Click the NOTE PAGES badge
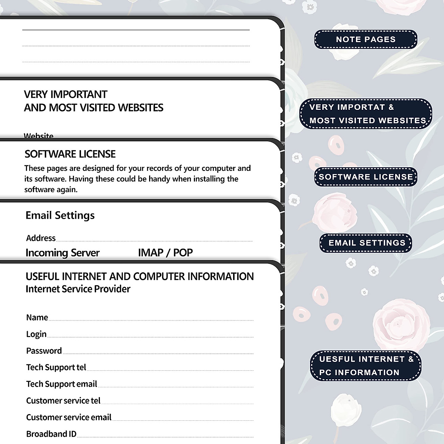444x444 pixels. pos(366,40)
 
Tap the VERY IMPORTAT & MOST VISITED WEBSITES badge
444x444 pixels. pos(366,114)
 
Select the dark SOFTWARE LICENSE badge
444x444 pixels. pos(366,177)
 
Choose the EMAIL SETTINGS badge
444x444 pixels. pos(366,243)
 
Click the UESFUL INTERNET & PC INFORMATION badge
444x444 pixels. pos(366,366)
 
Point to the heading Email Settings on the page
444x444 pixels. pos(60,215)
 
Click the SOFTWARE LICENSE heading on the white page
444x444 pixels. pos(70,154)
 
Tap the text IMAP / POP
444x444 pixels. pos(165,253)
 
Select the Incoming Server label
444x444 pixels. pos(63,253)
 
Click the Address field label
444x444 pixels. pos(41,238)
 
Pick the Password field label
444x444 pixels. pos(44,351)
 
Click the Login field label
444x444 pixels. pos(36,334)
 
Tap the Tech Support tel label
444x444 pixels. pos(56,367)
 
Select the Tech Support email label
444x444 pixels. pos(61,384)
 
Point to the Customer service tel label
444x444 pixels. pos(63,401)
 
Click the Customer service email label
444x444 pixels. pos(68,417)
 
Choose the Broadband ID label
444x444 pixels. pos(51,434)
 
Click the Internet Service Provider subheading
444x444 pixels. pos(78,289)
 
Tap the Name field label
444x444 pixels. pos(37,317)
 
